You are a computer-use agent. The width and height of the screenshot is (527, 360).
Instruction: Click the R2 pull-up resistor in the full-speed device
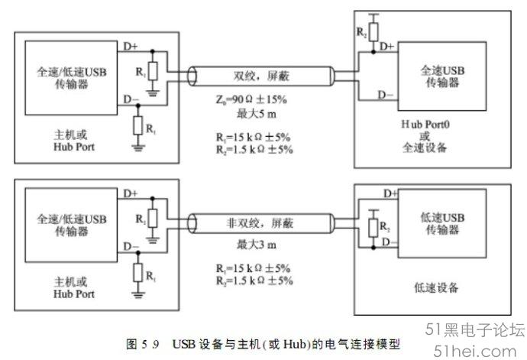click(x=373, y=32)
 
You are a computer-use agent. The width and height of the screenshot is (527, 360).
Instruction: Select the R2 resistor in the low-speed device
click(x=373, y=228)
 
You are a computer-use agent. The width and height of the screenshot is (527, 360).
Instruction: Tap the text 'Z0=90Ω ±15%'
click(x=251, y=99)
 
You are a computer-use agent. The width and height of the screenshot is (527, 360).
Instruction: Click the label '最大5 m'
click(x=257, y=114)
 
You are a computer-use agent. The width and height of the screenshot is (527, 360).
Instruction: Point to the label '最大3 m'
click(x=257, y=245)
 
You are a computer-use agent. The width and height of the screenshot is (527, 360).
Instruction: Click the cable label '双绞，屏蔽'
click(x=261, y=76)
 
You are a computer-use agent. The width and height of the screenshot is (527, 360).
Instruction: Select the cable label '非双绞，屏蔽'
click(x=260, y=223)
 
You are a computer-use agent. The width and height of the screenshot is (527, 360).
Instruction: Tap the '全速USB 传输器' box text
click(x=442, y=76)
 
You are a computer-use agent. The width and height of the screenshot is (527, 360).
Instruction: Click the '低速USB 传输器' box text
click(x=442, y=223)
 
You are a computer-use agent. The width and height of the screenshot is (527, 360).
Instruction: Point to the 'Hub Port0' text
click(x=425, y=125)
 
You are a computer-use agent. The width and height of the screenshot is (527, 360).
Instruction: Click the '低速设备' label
click(x=436, y=287)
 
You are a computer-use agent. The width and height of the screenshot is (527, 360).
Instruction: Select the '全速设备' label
click(x=425, y=148)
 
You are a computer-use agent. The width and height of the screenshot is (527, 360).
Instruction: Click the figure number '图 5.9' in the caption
click(x=142, y=344)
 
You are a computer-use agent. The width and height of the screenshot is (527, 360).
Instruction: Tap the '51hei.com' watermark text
click(x=474, y=352)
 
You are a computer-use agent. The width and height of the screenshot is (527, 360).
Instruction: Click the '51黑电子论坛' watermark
click(x=475, y=329)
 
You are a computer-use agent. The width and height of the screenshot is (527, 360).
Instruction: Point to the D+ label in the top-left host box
click(x=131, y=46)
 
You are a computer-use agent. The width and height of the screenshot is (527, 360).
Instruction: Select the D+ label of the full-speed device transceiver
click(x=386, y=47)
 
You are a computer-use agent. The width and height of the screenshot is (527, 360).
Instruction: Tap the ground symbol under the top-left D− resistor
click(x=137, y=148)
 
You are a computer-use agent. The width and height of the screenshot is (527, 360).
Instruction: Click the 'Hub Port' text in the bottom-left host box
click(x=74, y=294)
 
